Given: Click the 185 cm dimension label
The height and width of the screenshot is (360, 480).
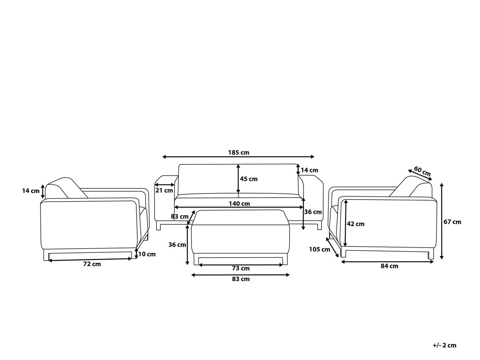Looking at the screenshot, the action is coord(238,152).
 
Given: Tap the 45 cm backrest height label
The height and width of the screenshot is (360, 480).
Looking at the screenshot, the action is coord(249,179).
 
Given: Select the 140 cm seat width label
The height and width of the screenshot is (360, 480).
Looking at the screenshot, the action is coord(239,204).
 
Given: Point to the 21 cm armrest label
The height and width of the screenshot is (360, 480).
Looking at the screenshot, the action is coord(164,190).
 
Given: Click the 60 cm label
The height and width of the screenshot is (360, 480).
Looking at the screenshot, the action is coord(422,172).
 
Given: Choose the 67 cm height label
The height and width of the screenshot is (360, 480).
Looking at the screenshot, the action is coord(452,222).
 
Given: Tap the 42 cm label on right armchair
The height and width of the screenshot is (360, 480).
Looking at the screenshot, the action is coord(356,224).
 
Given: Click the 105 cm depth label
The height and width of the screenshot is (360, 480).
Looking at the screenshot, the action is coord(320,249).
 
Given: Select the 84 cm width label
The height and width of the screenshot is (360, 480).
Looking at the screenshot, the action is coord(389,266).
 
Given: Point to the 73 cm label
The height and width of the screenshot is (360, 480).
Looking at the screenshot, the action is coord(240,268).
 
